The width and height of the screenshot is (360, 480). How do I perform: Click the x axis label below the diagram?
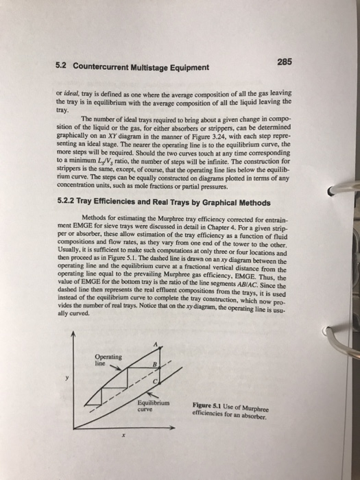coord(123,434)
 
